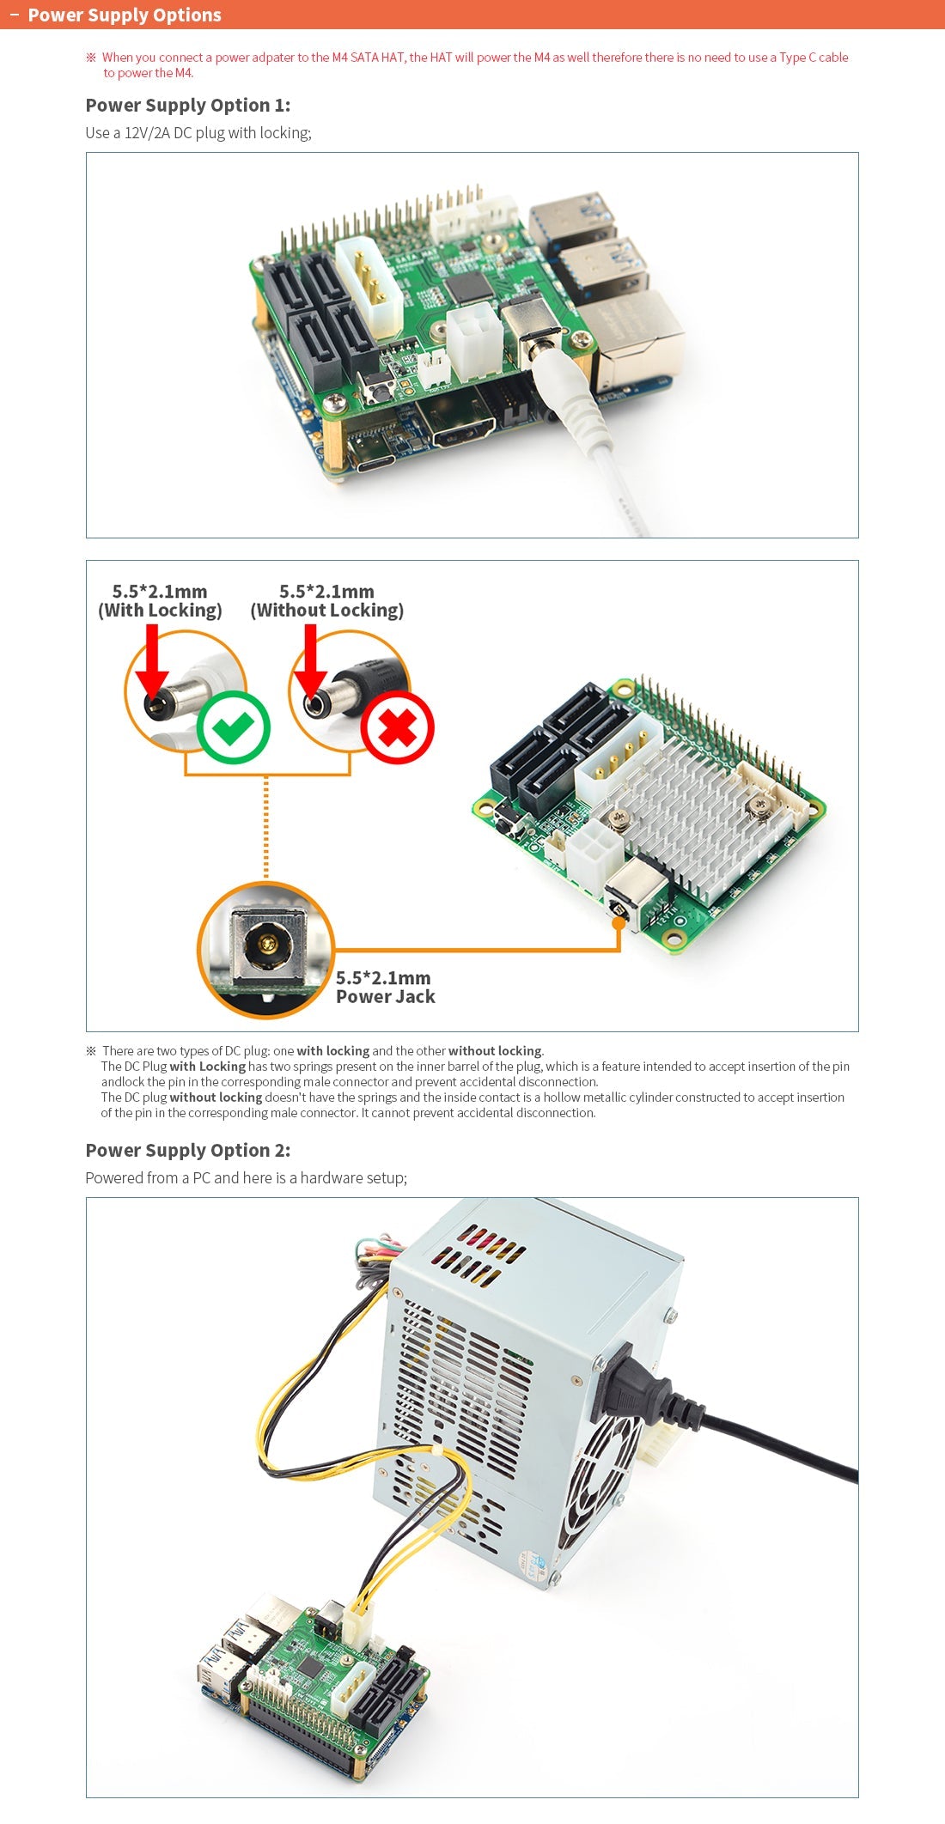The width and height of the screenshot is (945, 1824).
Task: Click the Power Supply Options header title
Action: [125, 15]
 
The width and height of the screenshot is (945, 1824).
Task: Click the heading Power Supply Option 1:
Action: [187, 105]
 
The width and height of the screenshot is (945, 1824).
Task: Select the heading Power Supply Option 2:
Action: [187, 1150]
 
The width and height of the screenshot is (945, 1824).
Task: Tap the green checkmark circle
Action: [233, 727]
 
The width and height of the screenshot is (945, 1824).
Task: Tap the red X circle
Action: [397, 727]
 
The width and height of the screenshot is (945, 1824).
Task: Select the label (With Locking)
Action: [160, 610]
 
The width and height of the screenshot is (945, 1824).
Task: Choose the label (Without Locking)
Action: [326, 610]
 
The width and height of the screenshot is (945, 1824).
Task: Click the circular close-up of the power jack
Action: [265, 949]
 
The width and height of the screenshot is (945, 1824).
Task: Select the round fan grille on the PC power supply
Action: [601, 1477]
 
